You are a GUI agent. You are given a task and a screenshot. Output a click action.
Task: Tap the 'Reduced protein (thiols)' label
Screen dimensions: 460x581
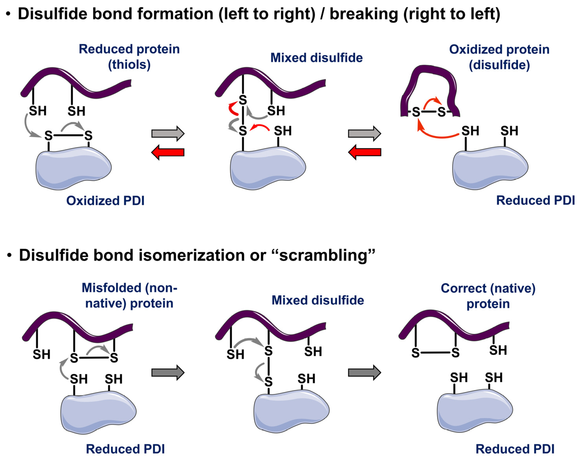tap(129, 57)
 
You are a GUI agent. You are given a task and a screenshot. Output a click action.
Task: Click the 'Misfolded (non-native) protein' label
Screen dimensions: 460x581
tap(129, 295)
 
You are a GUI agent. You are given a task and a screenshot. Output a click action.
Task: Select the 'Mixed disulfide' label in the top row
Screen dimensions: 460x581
tap(316, 58)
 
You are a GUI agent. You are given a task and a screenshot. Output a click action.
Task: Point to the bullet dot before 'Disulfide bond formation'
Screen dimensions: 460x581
tap(9, 14)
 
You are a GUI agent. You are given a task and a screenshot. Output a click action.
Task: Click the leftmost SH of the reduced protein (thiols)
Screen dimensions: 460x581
tap(37, 111)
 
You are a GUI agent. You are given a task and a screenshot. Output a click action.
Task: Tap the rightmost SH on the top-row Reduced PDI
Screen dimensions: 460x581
tap(509, 131)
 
